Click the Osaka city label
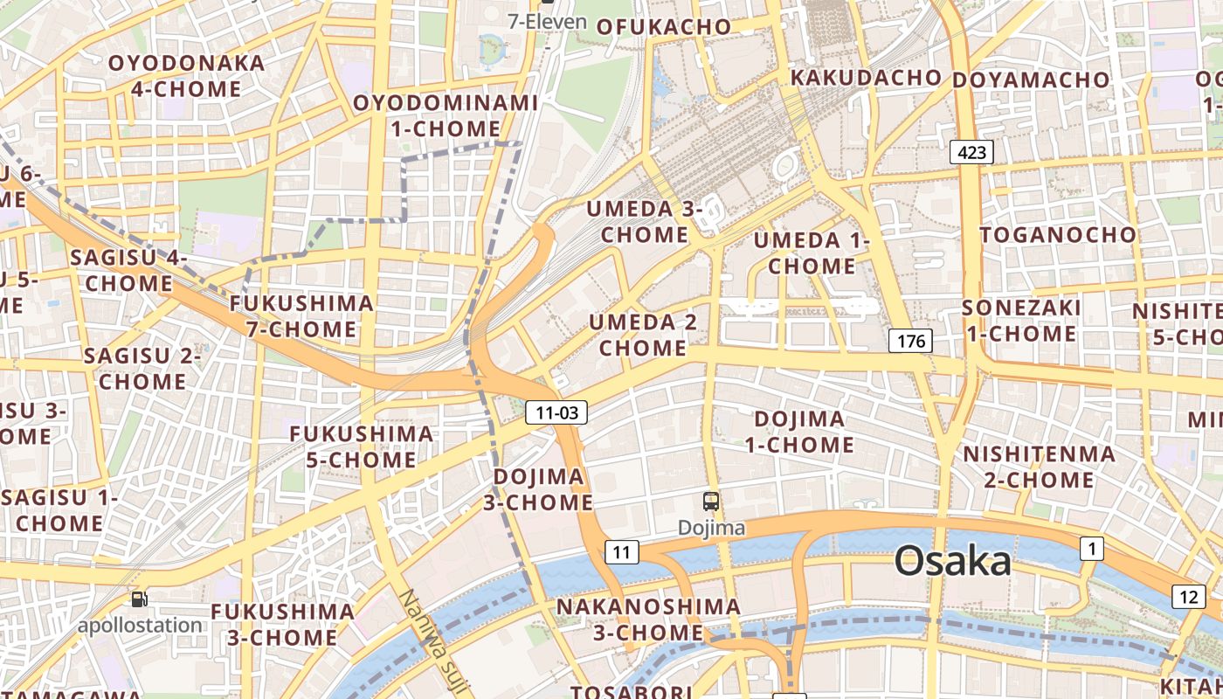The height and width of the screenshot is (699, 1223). pos(953,561)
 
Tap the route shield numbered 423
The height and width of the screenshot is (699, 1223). pos(971,153)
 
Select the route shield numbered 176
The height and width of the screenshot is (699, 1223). pos(910,341)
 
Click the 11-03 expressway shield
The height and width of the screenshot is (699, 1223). pos(556,412)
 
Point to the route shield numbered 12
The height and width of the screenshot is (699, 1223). pos(1188,598)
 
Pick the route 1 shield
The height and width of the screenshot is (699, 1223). pos(1091,549)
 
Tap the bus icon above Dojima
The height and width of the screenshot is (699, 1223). pos(711,502)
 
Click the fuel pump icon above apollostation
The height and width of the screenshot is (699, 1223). pos(139,599)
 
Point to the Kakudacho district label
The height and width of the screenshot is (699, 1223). pos(865,78)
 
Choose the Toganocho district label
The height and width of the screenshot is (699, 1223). pos(1058,235)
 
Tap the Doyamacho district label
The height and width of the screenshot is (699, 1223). pos(1030,80)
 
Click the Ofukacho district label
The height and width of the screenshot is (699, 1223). pos(664,27)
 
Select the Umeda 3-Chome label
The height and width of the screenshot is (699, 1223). pos(645,222)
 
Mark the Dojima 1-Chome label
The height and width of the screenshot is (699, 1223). pos(798,432)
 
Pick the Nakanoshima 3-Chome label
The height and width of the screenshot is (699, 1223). pos(648,619)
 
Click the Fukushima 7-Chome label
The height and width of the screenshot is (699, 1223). pos(301,316)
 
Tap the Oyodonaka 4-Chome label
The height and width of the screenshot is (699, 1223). pos(186,76)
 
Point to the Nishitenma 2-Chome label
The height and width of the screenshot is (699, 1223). pos(1039,467)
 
